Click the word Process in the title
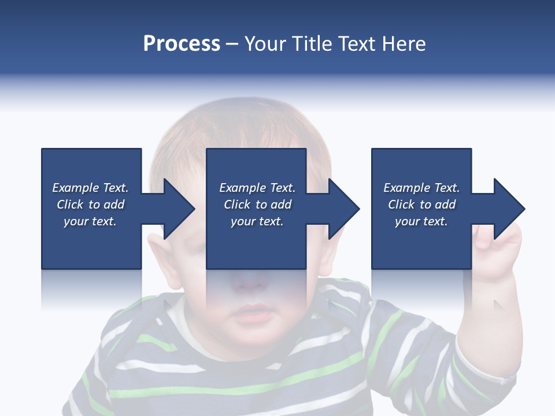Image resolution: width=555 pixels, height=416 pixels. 182,44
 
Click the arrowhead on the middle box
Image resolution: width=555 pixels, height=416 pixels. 343,209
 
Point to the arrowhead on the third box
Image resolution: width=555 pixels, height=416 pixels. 508,209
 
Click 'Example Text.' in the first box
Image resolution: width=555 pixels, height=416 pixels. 90,188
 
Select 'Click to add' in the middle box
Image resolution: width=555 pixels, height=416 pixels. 257,205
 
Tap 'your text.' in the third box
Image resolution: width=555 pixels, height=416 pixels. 421,221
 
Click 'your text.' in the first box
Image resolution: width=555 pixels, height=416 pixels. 90,221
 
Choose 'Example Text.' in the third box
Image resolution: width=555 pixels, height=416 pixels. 421,188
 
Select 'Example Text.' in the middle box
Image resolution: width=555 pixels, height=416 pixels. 257,188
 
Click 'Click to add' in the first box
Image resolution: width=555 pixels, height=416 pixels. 90,205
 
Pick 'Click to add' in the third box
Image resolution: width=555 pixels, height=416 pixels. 421,205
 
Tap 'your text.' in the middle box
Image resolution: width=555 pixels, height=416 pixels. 257,221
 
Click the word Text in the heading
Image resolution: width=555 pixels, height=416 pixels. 356,44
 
